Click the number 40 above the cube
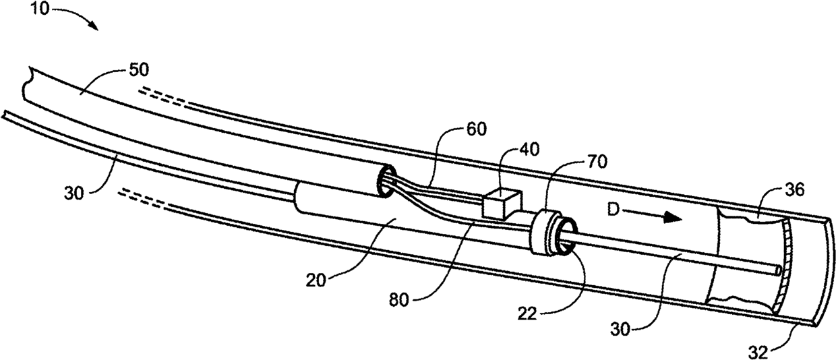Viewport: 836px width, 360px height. click(x=509, y=152)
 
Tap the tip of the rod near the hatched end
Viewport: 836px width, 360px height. click(x=780, y=271)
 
